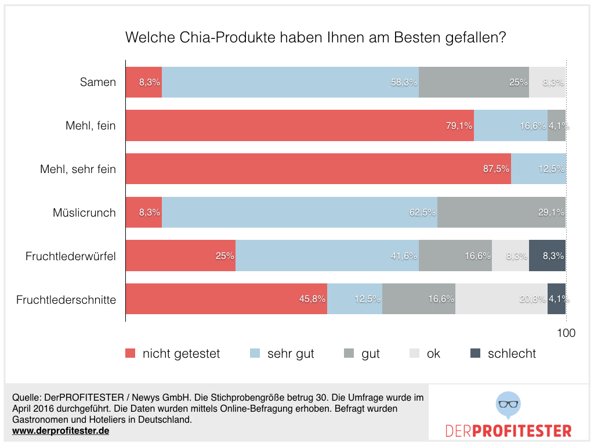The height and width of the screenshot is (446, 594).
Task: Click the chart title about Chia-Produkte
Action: (316, 38)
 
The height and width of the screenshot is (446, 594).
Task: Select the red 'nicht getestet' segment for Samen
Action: (144, 82)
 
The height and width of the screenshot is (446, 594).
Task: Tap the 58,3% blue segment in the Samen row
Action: (290, 82)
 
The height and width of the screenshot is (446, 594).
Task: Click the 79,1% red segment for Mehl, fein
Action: (299, 125)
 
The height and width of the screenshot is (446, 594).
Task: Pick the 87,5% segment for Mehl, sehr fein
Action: (318, 169)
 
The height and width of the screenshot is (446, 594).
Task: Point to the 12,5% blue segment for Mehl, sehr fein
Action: (538, 169)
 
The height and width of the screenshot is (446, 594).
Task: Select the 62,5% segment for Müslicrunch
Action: (299, 213)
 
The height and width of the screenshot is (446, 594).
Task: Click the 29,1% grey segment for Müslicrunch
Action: (501, 213)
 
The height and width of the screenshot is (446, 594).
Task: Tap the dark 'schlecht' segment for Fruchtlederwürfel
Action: (547, 256)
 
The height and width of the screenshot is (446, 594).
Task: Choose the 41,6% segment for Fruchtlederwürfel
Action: (327, 256)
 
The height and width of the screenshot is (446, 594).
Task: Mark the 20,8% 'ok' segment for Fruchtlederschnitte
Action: (501, 299)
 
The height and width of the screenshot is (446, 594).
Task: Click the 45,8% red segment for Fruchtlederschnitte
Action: (226, 299)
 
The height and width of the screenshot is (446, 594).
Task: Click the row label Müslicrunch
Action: (84, 213)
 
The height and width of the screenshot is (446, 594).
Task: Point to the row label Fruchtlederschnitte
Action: (66, 300)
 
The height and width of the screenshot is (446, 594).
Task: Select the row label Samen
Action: (98, 82)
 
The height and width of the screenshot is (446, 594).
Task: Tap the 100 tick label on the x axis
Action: (566, 333)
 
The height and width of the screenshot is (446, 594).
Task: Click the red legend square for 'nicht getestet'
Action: (131, 354)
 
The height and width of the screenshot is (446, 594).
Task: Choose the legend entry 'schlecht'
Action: (511, 354)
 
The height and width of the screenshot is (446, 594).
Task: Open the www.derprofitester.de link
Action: (60, 431)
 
